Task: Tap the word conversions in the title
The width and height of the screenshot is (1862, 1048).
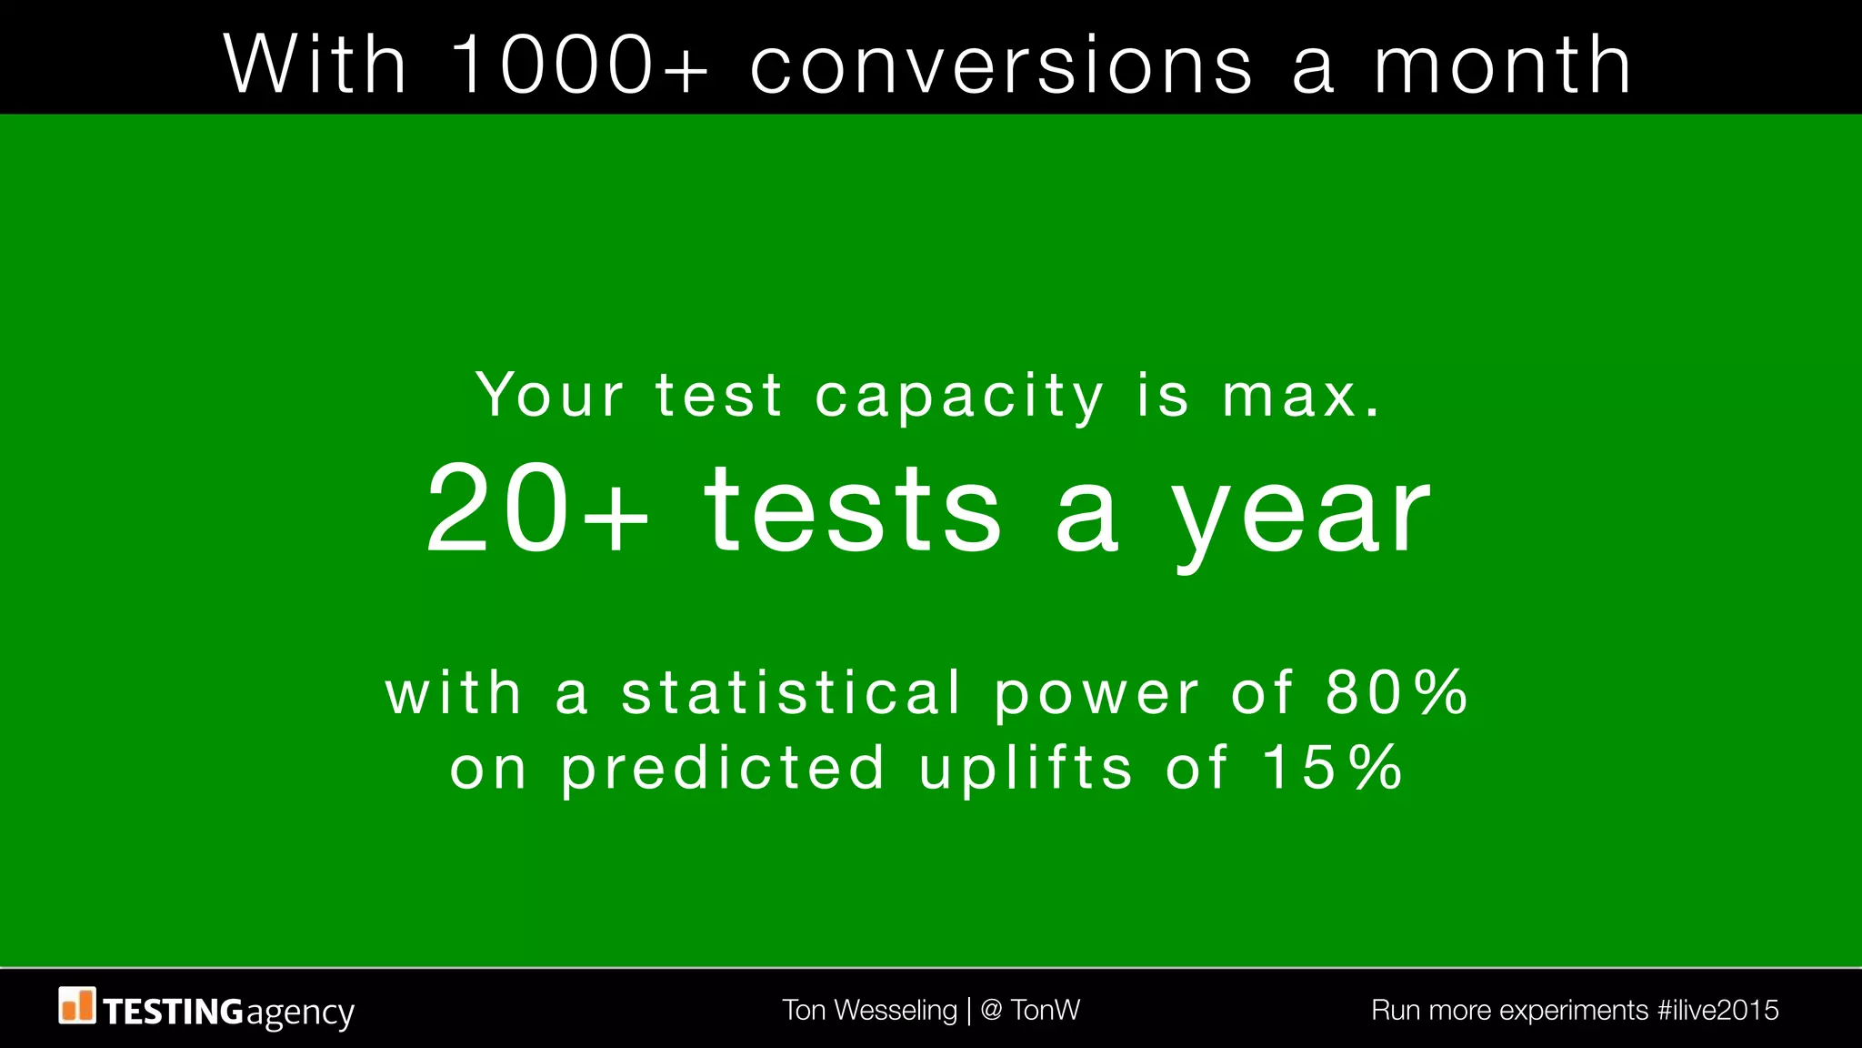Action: [x=1001, y=65]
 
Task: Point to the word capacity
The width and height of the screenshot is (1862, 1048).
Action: [x=959, y=398]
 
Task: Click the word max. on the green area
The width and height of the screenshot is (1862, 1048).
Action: [x=1301, y=396]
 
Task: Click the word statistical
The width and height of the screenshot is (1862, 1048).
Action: [x=791, y=692]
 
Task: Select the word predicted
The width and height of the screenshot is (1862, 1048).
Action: [x=722, y=769]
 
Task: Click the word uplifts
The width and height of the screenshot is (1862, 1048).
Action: [x=1026, y=769]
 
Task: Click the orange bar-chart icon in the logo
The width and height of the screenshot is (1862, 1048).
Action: [x=77, y=1005]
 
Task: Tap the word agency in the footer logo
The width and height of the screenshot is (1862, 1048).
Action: [x=299, y=1013]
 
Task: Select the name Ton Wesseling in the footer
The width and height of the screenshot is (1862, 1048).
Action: [x=869, y=1010]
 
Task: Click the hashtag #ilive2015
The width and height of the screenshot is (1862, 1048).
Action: [x=1717, y=1010]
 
